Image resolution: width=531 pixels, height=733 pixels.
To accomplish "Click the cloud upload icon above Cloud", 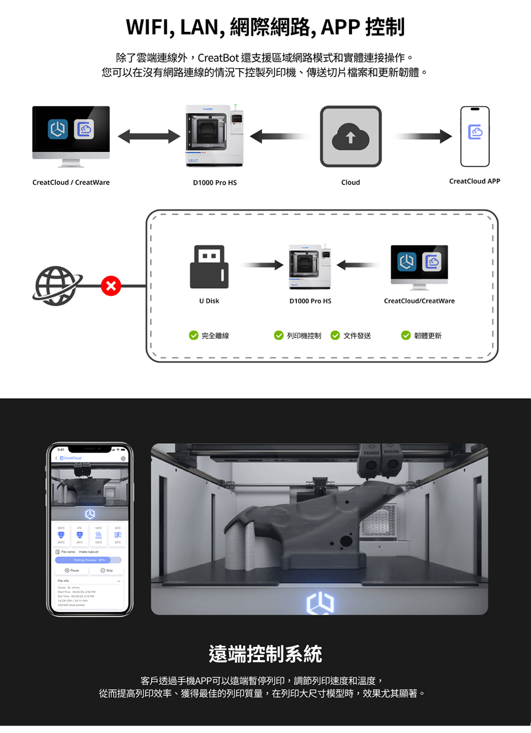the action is pos(350,137).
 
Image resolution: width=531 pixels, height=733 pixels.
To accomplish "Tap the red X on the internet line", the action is pos(111,286).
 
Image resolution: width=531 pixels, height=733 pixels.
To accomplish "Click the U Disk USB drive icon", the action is pos(209,266).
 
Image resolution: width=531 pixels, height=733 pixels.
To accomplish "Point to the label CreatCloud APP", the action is pos(475,181).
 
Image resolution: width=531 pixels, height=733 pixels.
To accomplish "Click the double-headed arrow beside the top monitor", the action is pos(149,136).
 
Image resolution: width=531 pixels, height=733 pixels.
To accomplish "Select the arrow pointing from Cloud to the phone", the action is pos(423,136).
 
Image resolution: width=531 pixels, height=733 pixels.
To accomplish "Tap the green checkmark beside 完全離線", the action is pos(193,336).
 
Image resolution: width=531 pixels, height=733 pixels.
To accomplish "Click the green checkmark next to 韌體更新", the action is pos(406,336).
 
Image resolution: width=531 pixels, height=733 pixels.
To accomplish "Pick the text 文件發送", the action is pos(357,336).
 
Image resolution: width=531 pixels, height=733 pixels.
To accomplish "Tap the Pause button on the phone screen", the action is pos(72,571).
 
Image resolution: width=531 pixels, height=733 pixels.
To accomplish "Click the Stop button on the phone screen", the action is pos(107,571).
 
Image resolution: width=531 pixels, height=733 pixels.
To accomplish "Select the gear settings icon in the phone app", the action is pos(123,458).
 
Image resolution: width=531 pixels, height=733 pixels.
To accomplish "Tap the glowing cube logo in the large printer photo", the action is pos(320,603).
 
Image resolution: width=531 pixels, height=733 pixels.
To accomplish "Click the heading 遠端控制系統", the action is pos(265,654).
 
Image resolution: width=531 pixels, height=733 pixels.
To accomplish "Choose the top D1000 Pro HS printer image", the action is pos(215,136).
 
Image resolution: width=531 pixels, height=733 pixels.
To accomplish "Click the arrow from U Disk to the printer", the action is pos(262,265).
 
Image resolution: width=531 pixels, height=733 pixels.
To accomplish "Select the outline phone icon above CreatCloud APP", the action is pos(475,136).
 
